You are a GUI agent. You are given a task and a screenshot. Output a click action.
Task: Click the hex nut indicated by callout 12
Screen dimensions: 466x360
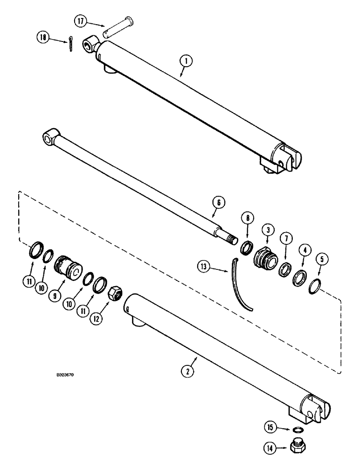click(x=115, y=294)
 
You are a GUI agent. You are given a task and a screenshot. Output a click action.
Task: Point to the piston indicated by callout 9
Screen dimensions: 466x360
click(x=68, y=267)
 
